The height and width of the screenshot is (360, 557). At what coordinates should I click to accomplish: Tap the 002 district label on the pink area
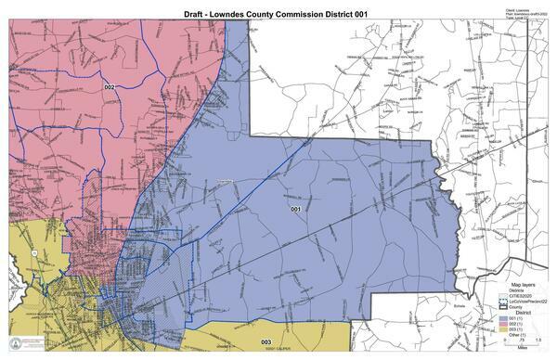[110, 87]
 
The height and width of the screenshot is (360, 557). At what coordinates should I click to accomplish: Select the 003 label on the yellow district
[266, 342]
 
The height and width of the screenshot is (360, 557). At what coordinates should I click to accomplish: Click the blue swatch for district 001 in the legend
[501, 319]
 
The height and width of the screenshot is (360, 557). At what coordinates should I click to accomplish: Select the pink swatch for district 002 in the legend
[501, 325]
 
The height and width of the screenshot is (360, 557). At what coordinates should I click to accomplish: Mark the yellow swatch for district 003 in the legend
[501, 330]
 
